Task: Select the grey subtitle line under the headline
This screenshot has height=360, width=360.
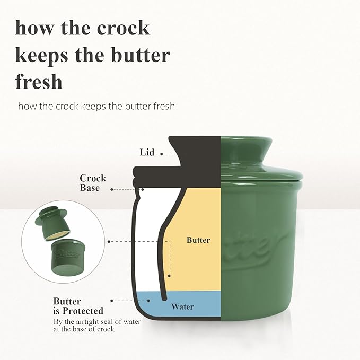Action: (x=96, y=106)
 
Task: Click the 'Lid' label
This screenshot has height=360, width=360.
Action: (x=147, y=153)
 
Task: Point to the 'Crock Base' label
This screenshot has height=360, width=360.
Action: (x=93, y=183)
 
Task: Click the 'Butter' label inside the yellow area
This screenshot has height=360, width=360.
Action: (x=198, y=240)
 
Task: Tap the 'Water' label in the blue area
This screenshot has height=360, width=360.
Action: (x=182, y=306)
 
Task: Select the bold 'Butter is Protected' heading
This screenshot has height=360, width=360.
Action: (x=78, y=306)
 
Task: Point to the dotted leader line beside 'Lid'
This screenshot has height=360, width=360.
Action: (x=168, y=153)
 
